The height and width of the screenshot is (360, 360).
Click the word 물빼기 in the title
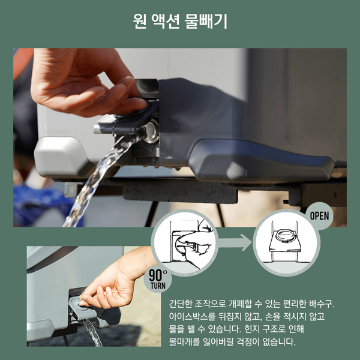(x=205, y=22)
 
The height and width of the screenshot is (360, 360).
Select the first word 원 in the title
(x=140, y=22)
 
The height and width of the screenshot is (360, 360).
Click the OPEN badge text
(x=319, y=216)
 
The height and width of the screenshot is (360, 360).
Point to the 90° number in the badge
(x=158, y=275)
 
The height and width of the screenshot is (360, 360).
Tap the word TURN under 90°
(x=158, y=286)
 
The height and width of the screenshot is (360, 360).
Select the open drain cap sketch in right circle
(x=285, y=242)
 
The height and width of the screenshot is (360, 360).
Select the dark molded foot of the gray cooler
(x=259, y=161)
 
